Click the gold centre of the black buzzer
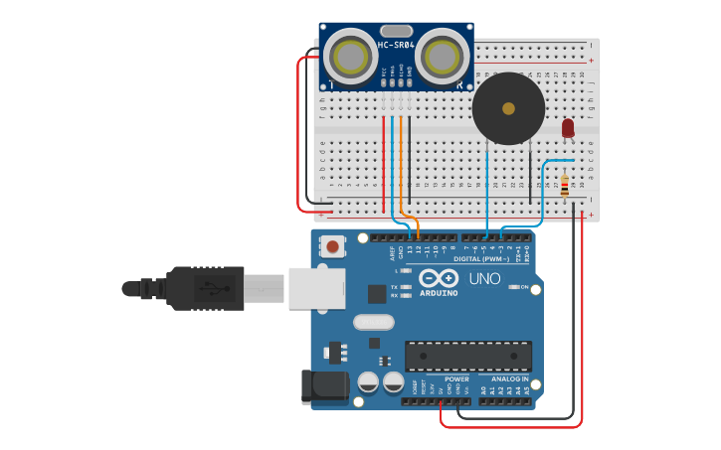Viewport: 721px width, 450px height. [508, 108]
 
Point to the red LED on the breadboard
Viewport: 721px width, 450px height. [568, 127]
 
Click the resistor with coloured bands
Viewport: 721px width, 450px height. [566, 186]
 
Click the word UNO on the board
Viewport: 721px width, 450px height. [484, 279]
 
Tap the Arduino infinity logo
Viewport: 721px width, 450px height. [438, 278]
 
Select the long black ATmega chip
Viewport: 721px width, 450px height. [467, 356]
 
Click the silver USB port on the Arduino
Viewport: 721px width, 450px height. [316, 288]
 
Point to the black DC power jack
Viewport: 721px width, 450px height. [324, 385]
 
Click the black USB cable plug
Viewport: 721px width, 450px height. [204, 288]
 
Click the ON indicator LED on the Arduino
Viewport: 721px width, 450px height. [512, 287]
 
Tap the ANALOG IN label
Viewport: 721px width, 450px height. [509, 379]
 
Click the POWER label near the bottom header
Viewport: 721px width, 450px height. [456, 379]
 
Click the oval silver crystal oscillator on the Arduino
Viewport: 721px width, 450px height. [374, 322]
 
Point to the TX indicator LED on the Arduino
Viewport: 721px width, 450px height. [407, 286]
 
